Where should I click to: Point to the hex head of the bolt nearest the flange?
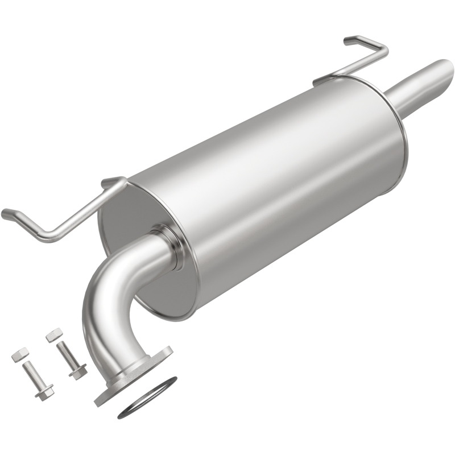[x=78, y=372]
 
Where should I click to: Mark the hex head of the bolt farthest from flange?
[x=44, y=392]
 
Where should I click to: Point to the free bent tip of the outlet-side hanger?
[x=348, y=40]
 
